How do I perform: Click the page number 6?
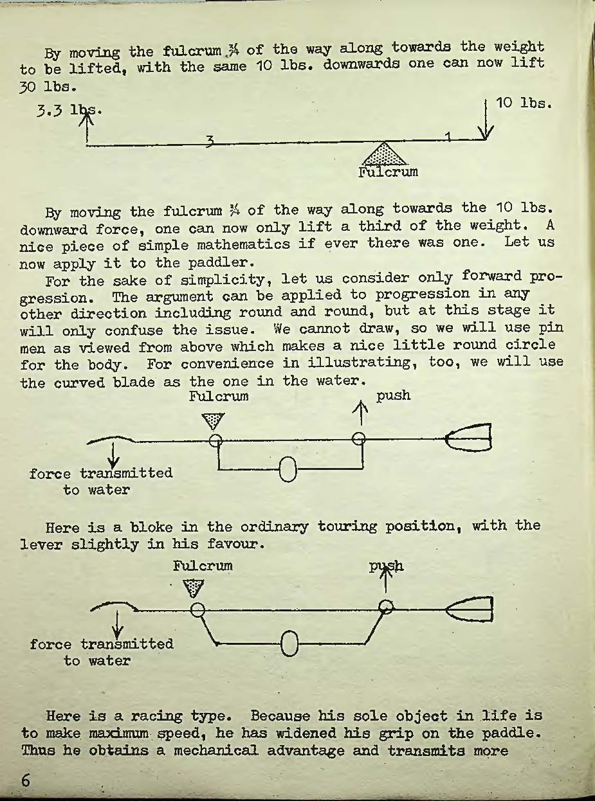(25, 780)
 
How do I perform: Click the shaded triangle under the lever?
(384, 154)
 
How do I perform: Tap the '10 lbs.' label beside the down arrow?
(524, 104)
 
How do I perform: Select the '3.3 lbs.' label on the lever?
(69, 111)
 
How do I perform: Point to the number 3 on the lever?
(209, 141)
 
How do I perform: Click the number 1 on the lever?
(448, 136)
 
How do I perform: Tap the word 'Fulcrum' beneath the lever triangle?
(388, 172)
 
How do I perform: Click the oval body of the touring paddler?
(288, 469)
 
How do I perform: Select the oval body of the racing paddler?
(289, 643)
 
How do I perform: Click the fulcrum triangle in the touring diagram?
(214, 421)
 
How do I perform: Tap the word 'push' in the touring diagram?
(393, 396)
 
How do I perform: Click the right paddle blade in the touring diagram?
(468, 437)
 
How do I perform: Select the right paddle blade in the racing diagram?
(470, 609)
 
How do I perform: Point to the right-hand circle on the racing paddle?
(386, 607)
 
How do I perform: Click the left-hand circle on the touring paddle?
(215, 440)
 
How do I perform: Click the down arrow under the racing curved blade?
(118, 624)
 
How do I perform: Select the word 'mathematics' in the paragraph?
(243, 245)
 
